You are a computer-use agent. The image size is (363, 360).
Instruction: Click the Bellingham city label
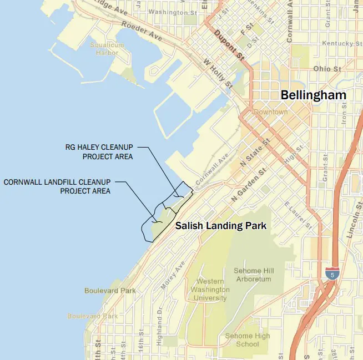pyautogui.click(x=313, y=95)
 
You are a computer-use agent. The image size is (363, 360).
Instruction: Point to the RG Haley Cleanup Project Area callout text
pyautogui.click(x=100, y=151)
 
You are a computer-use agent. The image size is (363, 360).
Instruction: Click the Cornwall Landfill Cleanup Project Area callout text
pyautogui.click(x=57, y=186)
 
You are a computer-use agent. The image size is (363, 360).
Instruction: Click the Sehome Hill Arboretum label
pyautogui.click(x=253, y=275)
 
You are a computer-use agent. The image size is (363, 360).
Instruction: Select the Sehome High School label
pyautogui.click(x=247, y=340)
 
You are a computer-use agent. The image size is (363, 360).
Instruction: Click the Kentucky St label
pyautogui.click(x=337, y=43)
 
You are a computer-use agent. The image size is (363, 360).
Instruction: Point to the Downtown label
pyautogui.click(x=271, y=112)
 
